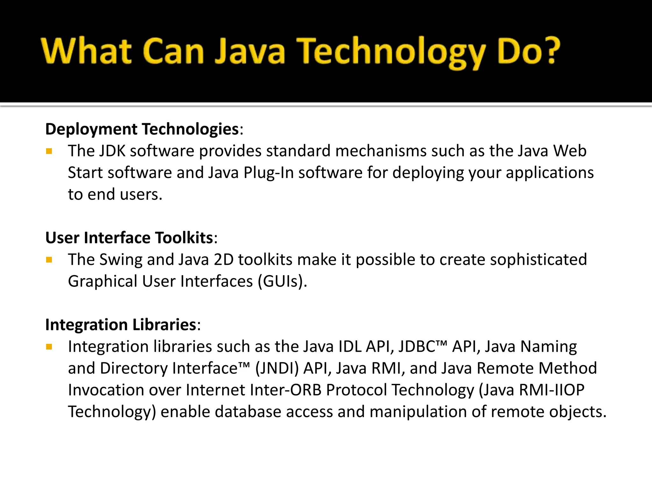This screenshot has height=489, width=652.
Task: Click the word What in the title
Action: [86, 51]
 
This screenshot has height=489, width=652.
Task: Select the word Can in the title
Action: [173, 51]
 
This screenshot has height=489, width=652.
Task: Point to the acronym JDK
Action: [112, 151]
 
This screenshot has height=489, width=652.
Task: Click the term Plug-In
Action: [268, 173]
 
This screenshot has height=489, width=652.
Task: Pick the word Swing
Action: [121, 260]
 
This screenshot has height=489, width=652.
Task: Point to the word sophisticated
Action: [538, 260]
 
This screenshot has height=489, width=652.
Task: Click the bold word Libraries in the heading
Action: [164, 325]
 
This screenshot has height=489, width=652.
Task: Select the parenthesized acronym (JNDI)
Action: [277, 368]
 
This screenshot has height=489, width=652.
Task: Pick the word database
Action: [248, 412]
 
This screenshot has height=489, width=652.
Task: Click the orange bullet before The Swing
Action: [49, 260]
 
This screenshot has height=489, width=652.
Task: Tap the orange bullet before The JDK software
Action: [49, 151]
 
